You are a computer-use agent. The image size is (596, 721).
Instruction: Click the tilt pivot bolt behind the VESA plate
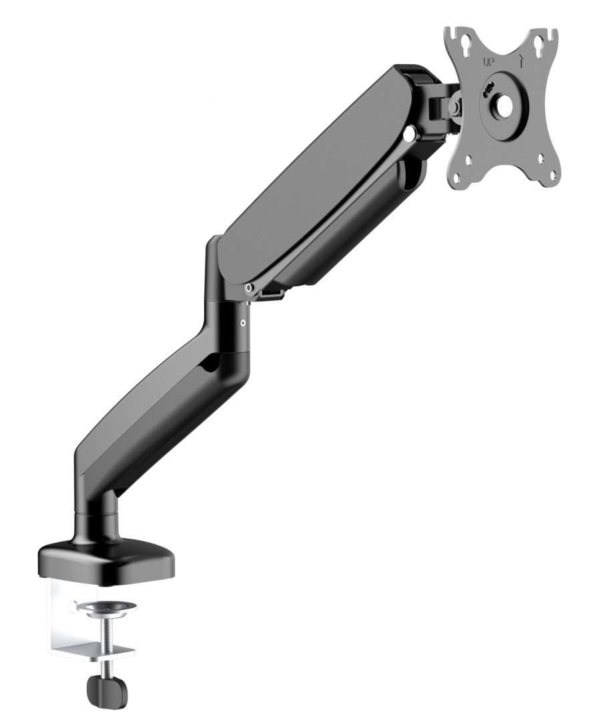(x=455, y=105)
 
